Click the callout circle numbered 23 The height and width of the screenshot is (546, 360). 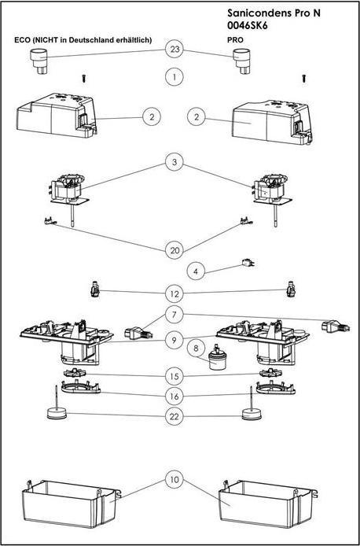(174, 50)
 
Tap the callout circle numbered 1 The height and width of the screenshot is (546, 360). (174, 77)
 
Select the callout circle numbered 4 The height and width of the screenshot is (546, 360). (196, 271)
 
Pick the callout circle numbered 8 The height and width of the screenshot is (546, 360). (196, 348)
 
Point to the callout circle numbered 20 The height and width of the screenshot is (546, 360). (174, 250)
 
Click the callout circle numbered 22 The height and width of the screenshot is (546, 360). (174, 416)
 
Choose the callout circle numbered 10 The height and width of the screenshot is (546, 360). (174, 480)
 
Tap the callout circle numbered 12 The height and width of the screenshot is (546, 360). (174, 293)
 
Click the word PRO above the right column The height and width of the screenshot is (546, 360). (235, 39)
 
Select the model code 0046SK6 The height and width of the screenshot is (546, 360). (248, 25)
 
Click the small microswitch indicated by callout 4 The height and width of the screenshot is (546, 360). (248, 263)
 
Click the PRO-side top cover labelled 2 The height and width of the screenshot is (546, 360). (272, 122)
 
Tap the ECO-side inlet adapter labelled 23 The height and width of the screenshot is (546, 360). (39, 61)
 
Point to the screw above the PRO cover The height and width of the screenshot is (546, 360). (304, 79)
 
